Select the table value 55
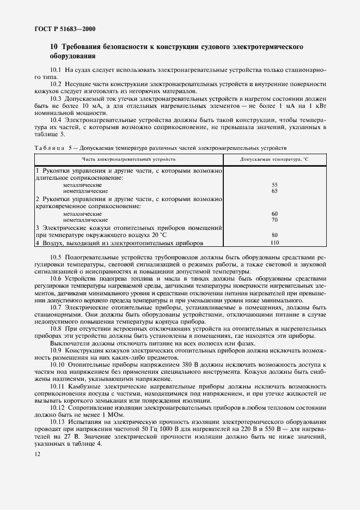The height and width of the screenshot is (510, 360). (274, 185)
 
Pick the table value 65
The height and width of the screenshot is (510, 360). (274, 191)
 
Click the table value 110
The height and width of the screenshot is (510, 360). (274, 242)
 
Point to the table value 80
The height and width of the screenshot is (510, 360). (274, 235)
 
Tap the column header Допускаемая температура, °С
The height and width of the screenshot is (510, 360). (274, 159)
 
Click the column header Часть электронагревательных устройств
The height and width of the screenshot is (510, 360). (129, 159)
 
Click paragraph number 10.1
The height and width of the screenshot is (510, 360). (56, 71)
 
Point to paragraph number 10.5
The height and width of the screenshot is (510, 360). (56, 257)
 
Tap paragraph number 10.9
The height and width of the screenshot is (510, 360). (56, 351)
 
